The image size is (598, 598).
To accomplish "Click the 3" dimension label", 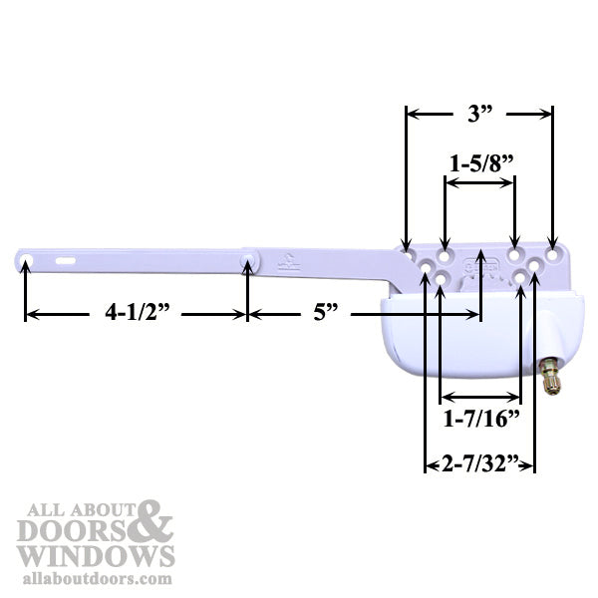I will [x=480, y=115].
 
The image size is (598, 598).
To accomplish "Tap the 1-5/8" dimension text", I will [x=480, y=161].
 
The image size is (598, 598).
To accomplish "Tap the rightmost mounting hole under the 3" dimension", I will [x=552, y=243].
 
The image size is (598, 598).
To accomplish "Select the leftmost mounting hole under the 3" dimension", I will [x=406, y=243].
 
